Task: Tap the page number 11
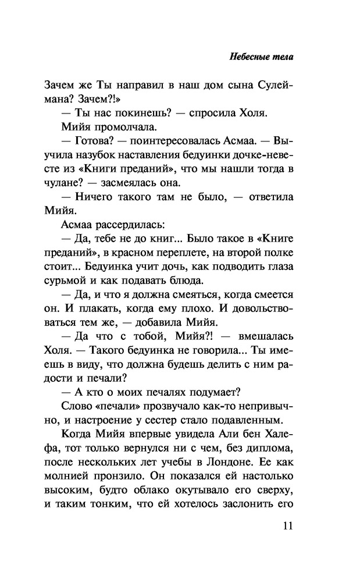pos(287,526)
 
